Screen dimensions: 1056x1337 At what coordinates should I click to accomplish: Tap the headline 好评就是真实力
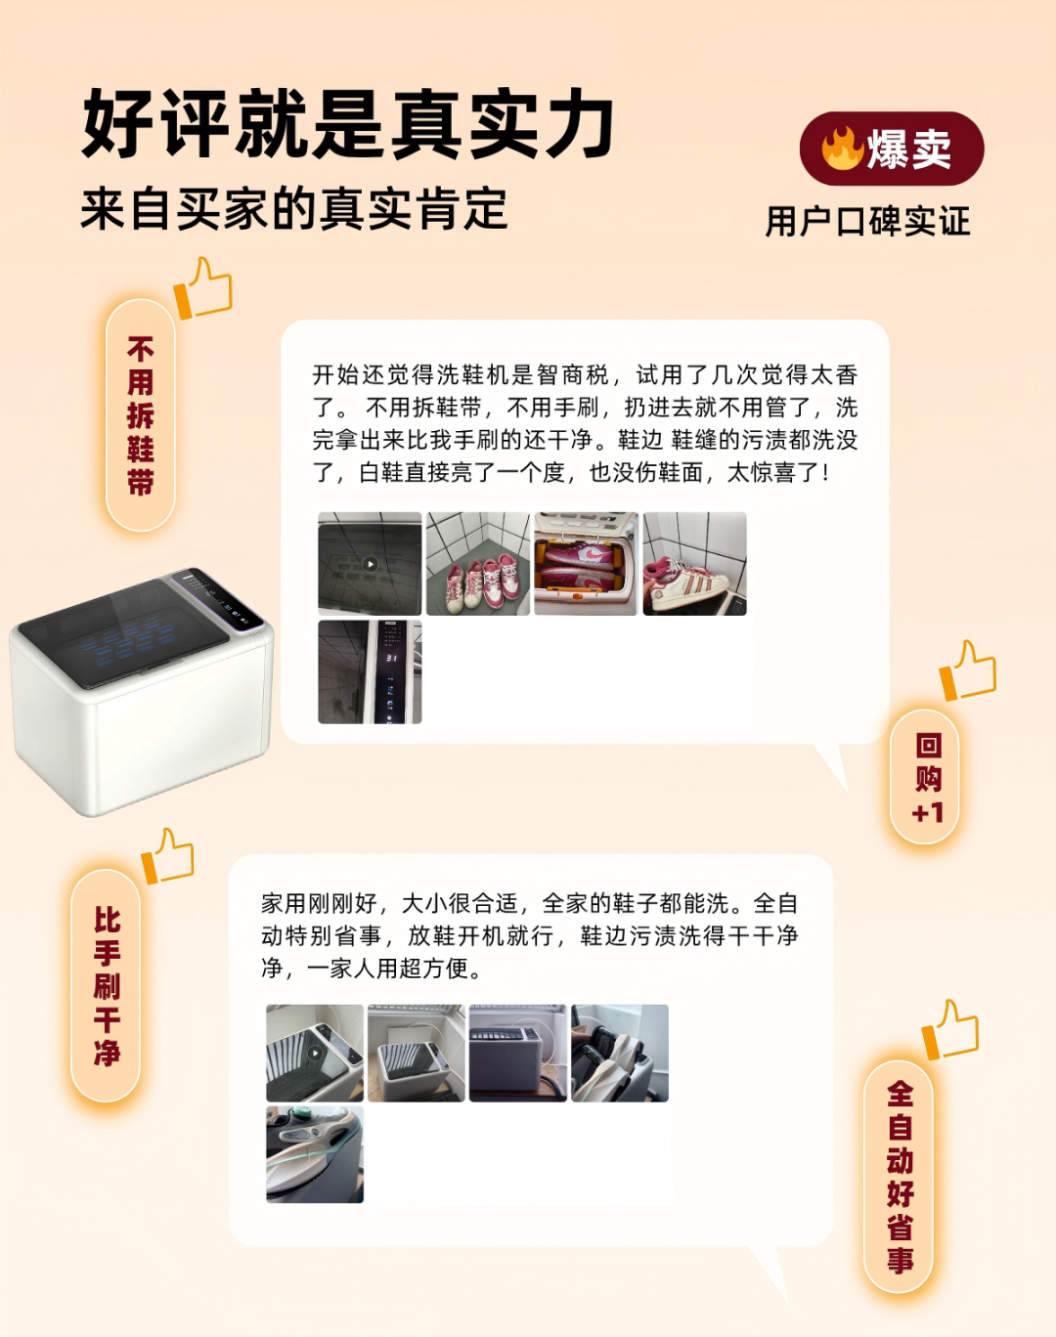348,124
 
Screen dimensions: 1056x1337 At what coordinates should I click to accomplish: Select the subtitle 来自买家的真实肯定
294,209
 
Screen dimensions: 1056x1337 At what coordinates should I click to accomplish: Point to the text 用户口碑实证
867,221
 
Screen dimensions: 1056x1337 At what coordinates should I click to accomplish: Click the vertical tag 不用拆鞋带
141,415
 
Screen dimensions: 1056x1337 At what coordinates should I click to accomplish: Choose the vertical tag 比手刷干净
107,986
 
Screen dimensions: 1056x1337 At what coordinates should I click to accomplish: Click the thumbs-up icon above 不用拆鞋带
203,288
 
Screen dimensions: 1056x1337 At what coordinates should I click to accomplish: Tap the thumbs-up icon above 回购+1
968,670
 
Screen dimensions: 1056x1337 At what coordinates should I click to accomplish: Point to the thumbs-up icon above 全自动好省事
950,1029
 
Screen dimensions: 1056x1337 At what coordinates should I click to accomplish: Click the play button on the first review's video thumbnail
370,564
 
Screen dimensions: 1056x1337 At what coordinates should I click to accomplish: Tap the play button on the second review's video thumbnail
315,1053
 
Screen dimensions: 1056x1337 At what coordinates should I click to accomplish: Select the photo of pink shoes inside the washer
586,564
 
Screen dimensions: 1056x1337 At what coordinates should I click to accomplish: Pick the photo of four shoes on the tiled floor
478,564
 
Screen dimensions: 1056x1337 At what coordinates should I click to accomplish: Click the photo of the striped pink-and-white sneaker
695,564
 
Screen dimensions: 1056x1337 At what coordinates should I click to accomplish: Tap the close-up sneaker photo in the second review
315,1154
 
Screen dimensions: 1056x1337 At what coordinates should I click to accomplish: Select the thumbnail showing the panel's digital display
370,671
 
